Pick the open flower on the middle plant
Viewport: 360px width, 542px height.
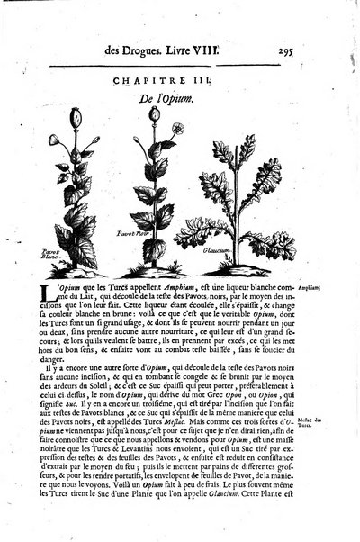pos(178,128)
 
